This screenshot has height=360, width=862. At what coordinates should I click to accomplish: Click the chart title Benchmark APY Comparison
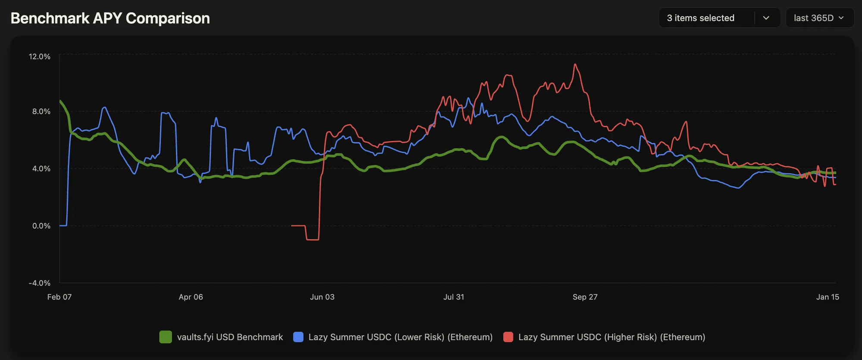click(110, 19)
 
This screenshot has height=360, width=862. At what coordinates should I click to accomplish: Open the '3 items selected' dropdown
click(719, 18)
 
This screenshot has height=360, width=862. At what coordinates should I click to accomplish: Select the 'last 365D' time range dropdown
click(819, 18)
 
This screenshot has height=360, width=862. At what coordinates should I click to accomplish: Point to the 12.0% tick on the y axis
click(40, 56)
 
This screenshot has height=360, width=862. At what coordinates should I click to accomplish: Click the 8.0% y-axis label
click(41, 111)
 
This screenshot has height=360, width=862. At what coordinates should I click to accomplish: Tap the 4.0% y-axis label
click(41, 169)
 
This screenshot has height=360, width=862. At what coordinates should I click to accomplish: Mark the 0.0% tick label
click(41, 226)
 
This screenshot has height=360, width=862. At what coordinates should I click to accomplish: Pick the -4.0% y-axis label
click(40, 283)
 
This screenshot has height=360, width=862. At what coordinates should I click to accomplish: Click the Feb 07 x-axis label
click(59, 297)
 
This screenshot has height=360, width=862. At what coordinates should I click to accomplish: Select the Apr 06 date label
click(191, 297)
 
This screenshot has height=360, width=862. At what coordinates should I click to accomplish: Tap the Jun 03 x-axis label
click(322, 297)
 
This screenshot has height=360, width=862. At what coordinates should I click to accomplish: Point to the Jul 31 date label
click(454, 297)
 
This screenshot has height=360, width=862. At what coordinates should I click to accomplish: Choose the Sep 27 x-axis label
click(585, 297)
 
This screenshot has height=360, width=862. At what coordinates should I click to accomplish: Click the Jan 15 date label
click(828, 297)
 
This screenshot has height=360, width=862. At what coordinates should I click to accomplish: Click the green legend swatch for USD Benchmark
click(166, 337)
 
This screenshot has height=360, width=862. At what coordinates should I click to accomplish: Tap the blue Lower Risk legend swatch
click(298, 337)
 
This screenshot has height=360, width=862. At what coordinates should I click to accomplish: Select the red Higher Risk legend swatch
click(508, 337)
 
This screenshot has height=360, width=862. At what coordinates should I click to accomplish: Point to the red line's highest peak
click(575, 64)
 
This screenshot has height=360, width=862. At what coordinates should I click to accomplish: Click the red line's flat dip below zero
click(312, 239)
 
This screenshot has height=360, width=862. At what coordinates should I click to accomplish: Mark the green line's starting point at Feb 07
click(60, 101)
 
